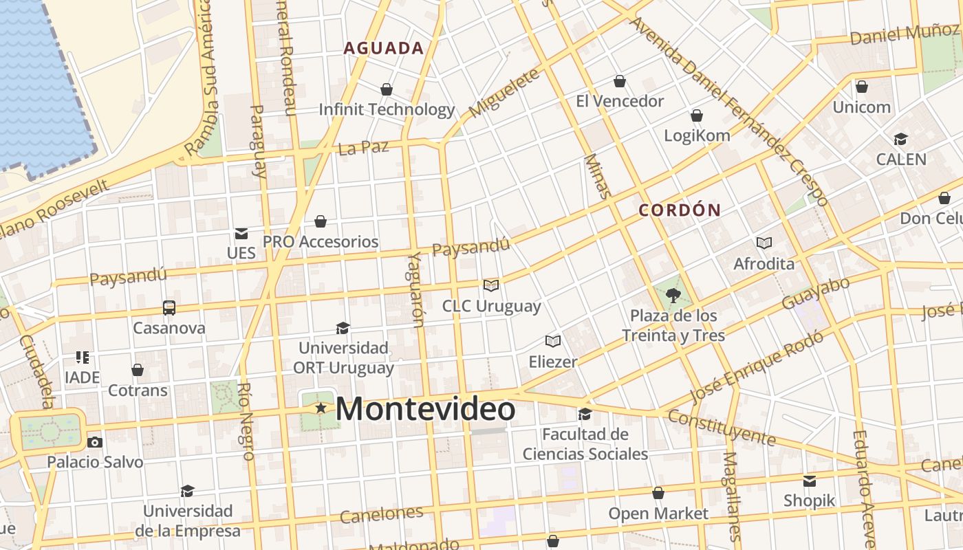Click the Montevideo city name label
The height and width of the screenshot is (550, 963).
pyautogui.click(x=425, y=409)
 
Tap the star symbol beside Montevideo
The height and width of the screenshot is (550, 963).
pyautogui.click(x=321, y=408)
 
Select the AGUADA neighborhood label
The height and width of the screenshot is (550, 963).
pyautogui.click(x=384, y=48)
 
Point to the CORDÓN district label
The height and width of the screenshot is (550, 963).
pyautogui.click(x=680, y=210)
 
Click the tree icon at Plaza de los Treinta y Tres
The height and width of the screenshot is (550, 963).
pyautogui.click(x=673, y=296)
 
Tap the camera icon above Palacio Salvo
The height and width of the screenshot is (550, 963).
pyautogui.click(x=95, y=442)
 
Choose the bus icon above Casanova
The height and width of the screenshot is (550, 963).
pyautogui.click(x=169, y=307)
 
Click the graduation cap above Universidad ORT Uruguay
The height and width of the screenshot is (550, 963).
pyautogui.click(x=343, y=328)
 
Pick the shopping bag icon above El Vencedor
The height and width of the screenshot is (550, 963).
pyautogui.click(x=620, y=81)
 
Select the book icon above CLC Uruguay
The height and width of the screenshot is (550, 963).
pyautogui.click(x=491, y=285)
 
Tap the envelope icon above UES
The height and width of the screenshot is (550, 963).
pyautogui.click(x=241, y=234)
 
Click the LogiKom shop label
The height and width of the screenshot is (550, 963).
pyautogui.click(x=697, y=135)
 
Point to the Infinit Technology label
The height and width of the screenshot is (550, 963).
pyautogui.click(x=387, y=109)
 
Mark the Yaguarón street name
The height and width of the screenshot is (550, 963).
pyautogui.click(x=415, y=289)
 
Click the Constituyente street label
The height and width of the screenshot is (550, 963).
pyautogui.click(x=721, y=428)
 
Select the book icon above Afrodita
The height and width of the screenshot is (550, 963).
pyautogui.click(x=764, y=243)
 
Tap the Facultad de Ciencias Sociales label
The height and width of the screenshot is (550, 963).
pyautogui.click(x=585, y=444)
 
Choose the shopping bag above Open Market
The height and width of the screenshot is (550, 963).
pyautogui.click(x=658, y=493)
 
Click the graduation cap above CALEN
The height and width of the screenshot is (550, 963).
pyautogui.click(x=900, y=140)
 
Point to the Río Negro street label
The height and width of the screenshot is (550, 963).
pyautogui.click(x=246, y=421)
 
